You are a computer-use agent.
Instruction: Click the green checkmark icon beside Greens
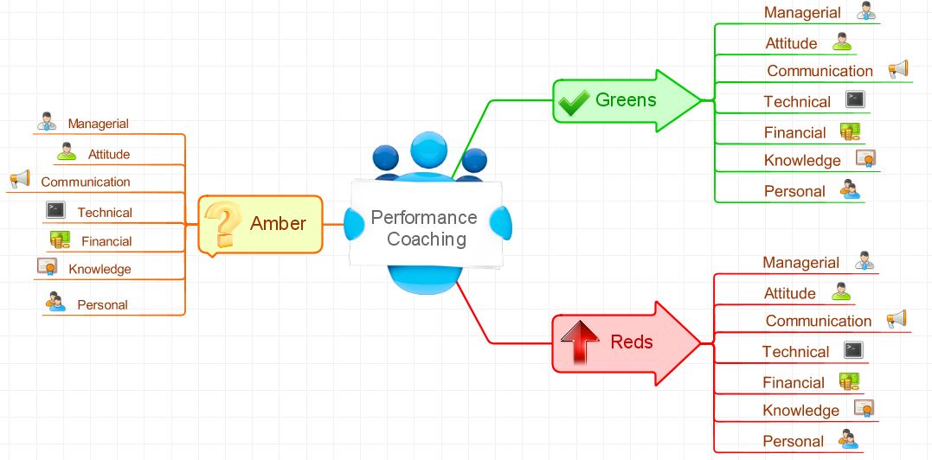pyautogui.click(x=573, y=102)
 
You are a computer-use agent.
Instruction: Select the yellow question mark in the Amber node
pyautogui.click(x=225, y=224)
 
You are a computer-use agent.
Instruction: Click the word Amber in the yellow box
pyautogui.click(x=278, y=224)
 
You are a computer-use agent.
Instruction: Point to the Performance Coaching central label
pyautogui.click(x=424, y=228)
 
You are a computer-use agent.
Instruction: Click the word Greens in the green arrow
pyautogui.click(x=626, y=100)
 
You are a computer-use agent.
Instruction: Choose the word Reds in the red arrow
pyautogui.click(x=632, y=342)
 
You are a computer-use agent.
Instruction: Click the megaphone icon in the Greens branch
pyautogui.click(x=897, y=69)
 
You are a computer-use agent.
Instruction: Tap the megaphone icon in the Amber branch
pyautogui.click(x=20, y=179)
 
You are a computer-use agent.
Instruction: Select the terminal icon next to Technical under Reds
pyautogui.click(x=853, y=350)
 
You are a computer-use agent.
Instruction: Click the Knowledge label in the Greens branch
pyautogui.click(x=802, y=161)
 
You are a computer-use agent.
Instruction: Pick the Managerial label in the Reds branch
pyautogui.click(x=800, y=263)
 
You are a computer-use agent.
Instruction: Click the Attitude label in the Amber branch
pyautogui.click(x=108, y=155)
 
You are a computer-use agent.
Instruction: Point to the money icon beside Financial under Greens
pyautogui.click(x=850, y=131)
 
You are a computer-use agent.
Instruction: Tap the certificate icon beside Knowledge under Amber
pyautogui.click(x=47, y=267)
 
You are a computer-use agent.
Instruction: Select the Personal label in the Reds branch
pyautogui.click(x=793, y=442)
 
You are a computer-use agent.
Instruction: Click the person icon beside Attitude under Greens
pyautogui.click(x=842, y=42)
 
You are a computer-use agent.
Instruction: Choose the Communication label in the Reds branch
pyautogui.click(x=818, y=322)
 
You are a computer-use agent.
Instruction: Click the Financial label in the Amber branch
pyautogui.click(x=106, y=242)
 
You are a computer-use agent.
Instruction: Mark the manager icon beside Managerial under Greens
pyautogui.click(x=866, y=11)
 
